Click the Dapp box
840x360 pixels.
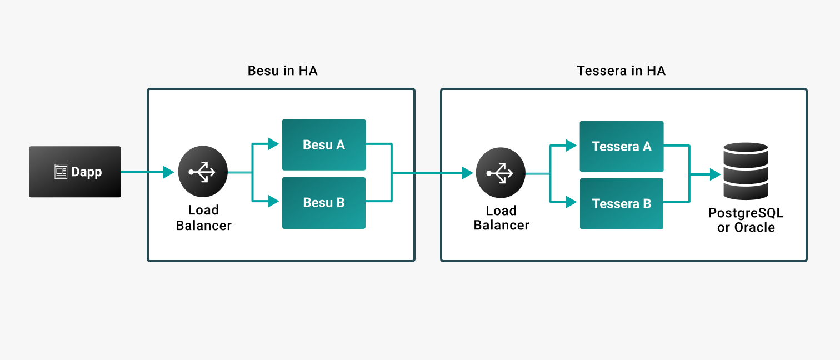75,172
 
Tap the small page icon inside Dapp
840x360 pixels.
61,172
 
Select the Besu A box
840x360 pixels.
324,145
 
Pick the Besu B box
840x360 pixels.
324,203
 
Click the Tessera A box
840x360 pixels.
622,147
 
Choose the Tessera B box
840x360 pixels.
622,204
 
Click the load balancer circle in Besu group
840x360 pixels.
203,172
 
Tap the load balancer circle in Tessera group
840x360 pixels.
501,173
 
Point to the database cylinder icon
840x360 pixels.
746,171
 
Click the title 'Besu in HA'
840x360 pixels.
282,71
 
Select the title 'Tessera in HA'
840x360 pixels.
621,71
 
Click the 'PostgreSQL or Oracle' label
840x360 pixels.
746,221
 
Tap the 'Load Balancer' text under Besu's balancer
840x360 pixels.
203,218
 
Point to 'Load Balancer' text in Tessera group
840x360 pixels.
501,218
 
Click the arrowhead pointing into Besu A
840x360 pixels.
274,144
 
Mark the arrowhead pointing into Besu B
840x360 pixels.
274,201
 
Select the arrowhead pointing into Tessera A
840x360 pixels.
572,146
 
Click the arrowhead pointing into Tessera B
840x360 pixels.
572,202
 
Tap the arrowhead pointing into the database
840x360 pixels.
715,174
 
